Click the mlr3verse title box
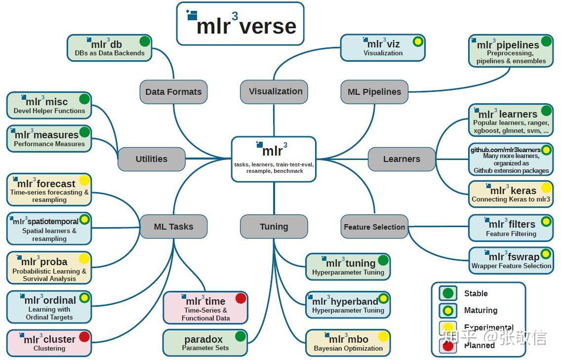click(x=240, y=24)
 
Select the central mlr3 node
click(x=274, y=159)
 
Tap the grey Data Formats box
click(x=173, y=92)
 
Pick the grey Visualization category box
click(x=275, y=91)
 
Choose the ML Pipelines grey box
click(x=374, y=92)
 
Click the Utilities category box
click(x=151, y=159)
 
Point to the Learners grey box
click(x=401, y=159)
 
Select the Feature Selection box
click(x=374, y=227)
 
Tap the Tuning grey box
click(x=274, y=227)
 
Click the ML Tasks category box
click(x=173, y=227)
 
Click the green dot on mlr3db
click(x=145, y=41)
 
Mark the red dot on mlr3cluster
click(x=84, y=337)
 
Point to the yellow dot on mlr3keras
click(x=546, y=188)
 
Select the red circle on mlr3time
click(x=240, y=298)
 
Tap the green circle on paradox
click(x=240, y=337)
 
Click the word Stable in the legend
click(x=476, y=293)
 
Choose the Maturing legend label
click(x=481, y=310)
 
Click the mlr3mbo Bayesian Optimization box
click(x=348, y=343)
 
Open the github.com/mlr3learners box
click(x=511, y=159)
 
